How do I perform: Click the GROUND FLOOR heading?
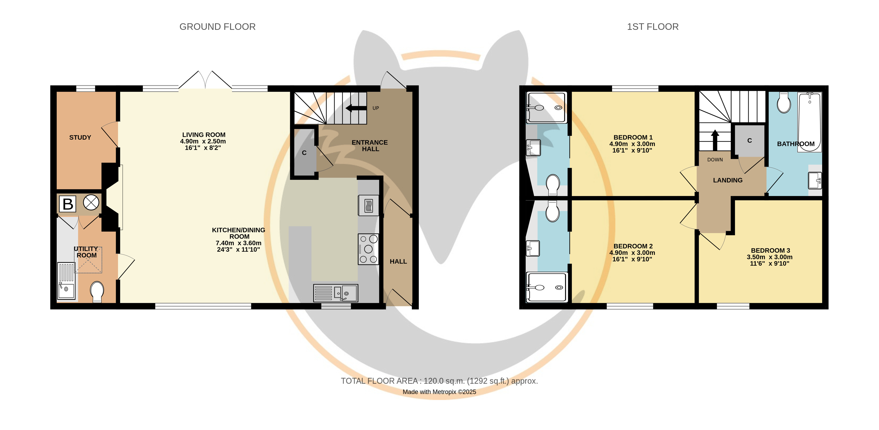pyautogui.click(x=217, y=27)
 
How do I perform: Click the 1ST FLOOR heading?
pyautogui.click(x=652, y=27)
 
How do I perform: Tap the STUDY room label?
pyautogui.click(x=80, y=138)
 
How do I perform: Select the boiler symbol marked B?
pyautogui.click(x=68, y=204)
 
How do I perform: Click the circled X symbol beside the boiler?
pyautogui.click(x=91, y=202)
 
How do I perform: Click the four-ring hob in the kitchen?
pyautogui.click(x=368, y=249)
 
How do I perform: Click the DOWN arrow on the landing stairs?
pyautogui.click(x=715, y=140)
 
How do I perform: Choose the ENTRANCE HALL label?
pyautogui.click(x=370, y=146)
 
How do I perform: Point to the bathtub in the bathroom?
pyautogui.click(x=809, y=122)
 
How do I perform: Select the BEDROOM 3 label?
pyautogui.click(x=770, y=250)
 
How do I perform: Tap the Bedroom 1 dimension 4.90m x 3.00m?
pyautogui.click(x=632, y=144)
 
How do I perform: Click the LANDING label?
pyautogui.click(x=728, y=180)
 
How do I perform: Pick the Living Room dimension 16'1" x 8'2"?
pyautogui.click(x=203, y=148)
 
